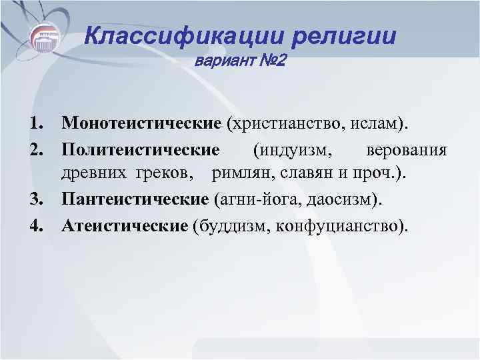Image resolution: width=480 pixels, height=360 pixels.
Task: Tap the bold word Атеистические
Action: [x=125, y=225]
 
